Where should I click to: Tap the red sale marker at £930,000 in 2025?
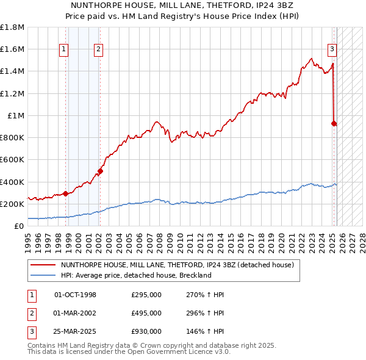click(334, 123)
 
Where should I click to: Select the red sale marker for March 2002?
click(100, 171)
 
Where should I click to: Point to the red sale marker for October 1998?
click(65, 193)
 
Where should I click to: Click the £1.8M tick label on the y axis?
click(12, 27)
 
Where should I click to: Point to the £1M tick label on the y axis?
click(16, 115)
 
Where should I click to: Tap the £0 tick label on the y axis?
click(19, 226)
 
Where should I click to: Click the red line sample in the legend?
click(43, 265)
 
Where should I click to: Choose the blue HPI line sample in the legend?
click(43, 275)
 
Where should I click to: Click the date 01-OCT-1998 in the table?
click(76, 295)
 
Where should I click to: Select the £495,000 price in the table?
click(146, 313)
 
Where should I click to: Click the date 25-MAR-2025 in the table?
click(76, 331)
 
